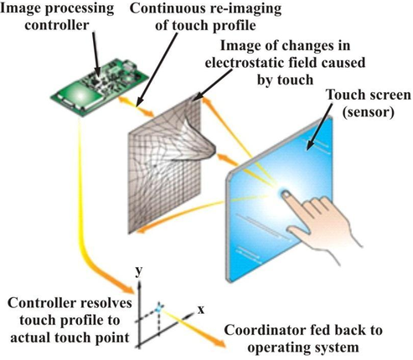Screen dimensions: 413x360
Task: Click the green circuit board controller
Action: tap(99, 87)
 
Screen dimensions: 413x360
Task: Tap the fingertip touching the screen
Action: tap(286, 194)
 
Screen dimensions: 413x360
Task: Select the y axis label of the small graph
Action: tap(138, 270)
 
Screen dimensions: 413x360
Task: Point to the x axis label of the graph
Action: tap(201, 310)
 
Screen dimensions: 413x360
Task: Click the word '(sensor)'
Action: tap(369, 112)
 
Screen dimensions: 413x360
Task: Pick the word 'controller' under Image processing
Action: tap(57, 25)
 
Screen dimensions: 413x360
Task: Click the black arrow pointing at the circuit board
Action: tap(96, 53)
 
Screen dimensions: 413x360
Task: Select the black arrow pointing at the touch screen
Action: tap(319, 127)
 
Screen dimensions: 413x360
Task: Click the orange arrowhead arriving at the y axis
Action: tap(127, 289)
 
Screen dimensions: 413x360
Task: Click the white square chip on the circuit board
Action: tap(80, 96)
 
